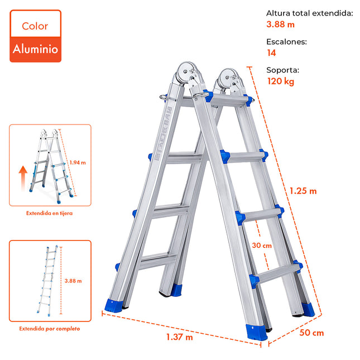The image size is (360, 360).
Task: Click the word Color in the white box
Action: click(35, 26)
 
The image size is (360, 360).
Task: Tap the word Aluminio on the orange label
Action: click(35, 49)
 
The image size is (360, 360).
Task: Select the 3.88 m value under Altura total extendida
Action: click(280, 25)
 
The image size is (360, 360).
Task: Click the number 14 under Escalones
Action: click(271, 53)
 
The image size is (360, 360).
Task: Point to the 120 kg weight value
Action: click(281, 81)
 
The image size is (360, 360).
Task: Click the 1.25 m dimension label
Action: click(303, 191)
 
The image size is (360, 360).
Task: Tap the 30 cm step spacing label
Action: click(262, 246)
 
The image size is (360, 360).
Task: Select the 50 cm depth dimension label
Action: click(311, 333)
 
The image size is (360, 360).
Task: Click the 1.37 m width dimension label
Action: click(180, 337)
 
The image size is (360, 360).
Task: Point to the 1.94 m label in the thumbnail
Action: click(78, 162)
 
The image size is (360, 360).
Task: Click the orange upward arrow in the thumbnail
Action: click(23, 178)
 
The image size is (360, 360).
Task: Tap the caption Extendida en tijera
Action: click(49, 213)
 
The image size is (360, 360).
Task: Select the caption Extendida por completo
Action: click(50, 329)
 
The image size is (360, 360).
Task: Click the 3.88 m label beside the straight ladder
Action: click(73, 281)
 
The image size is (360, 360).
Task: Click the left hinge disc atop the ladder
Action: click(185, 71)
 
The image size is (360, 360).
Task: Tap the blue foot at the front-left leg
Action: click(113, 305)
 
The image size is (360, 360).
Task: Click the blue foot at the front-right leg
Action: click(256, 332)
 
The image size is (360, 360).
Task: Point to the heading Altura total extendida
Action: click(310, 13)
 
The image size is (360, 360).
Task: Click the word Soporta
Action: click(282, 70)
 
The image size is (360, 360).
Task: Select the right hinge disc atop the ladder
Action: click(227, 78)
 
